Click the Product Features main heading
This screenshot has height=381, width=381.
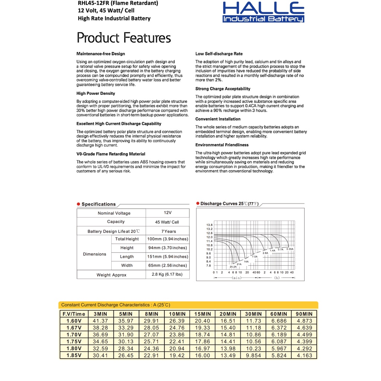point(124,38)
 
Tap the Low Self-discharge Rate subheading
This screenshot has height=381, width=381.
point(219,54)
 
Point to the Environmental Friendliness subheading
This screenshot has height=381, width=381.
point(222,145)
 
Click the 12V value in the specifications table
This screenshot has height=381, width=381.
point(167,213)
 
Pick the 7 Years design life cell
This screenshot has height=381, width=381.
point(167,231)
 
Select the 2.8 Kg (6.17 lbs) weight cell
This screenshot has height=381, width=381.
point(167,275)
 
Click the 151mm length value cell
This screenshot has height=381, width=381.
point(167,257)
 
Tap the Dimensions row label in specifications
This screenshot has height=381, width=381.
point(95,254)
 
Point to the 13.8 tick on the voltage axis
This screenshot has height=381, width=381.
point(209,225)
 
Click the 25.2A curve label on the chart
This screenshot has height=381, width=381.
point(233,267)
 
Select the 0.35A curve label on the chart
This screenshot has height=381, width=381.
point(290,249)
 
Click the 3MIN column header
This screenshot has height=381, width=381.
point(100,314)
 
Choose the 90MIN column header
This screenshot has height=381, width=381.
point(304,314)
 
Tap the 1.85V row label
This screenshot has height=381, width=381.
point(74,355)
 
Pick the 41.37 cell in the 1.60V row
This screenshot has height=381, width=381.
point(100,320)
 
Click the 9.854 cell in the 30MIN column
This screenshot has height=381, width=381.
point(253,355)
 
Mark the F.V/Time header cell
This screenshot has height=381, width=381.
point(74,314)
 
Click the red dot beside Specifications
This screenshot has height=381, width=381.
point(79,204)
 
